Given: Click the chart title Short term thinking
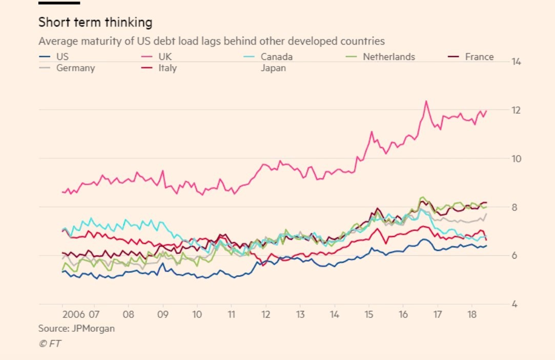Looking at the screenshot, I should click(x=95, y=23).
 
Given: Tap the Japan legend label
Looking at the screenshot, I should click(x=273, y=68).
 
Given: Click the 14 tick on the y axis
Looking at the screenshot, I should click(x=516, y=62).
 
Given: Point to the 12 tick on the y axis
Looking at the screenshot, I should click(x=516, y=110).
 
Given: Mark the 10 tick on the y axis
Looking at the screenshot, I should click(x=516, y=159).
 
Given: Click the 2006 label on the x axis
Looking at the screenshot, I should click(x=74, y=314).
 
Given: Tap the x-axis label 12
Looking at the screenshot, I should click(x=265, y=314).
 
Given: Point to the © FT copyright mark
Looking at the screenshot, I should click(x=50, y=344).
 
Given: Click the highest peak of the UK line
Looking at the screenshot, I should click(x=426, y=101).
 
